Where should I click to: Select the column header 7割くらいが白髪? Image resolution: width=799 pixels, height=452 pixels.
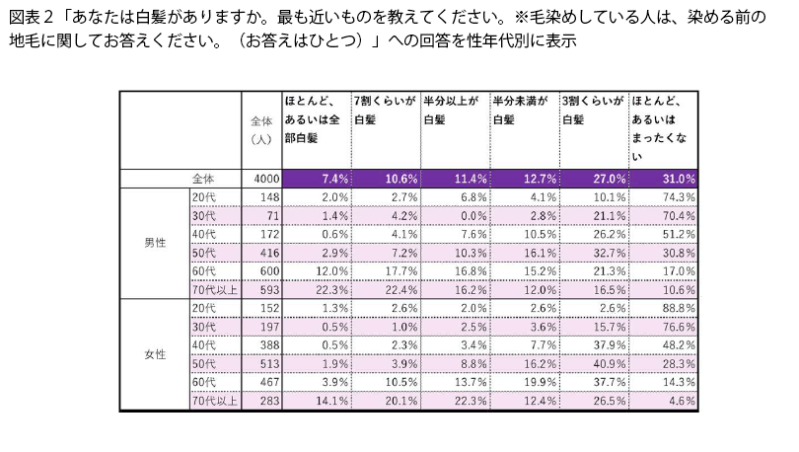tap(385, 110)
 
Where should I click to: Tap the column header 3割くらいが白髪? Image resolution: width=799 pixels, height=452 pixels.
tap(593, 110)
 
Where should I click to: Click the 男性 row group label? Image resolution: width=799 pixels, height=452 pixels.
tap(155, 242)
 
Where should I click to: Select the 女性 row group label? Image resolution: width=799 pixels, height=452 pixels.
tap(155, 353)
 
